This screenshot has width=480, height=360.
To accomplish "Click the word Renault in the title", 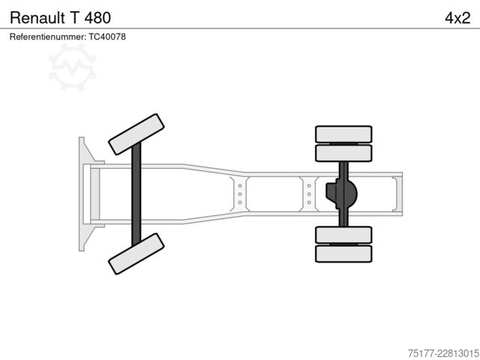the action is click(x=37, y=18).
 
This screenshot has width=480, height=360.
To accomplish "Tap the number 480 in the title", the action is click(x=97, y=18).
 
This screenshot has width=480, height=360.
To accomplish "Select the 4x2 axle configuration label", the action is click(x=457, y=18).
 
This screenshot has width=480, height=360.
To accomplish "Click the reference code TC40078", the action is click(x=107, y=37).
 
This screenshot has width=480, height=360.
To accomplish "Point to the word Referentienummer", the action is click(x=48, y=37).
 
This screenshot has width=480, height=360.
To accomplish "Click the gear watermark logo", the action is click(x=72, y=67).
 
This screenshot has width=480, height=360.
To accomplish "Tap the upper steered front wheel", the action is click(x=136, y=134).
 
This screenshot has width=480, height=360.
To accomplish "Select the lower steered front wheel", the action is click(x=136, y=253).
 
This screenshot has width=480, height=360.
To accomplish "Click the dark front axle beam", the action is click(x=136, y=194).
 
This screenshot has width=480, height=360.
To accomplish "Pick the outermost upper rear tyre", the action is click(x=343, y=134).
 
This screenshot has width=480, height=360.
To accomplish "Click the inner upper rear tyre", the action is click(x=343, y=153).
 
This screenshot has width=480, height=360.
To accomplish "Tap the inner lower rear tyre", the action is click(x=343, y=235).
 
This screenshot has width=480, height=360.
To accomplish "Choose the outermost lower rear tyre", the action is click(x=343, y=253).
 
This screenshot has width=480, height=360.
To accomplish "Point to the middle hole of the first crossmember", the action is click(x=240, y=194).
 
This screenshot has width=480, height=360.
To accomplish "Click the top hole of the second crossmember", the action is click(x=309, y=186).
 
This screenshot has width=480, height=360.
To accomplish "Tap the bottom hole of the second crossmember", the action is click(x=309, y=202).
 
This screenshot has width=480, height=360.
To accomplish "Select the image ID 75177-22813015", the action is click(x=443, y=353).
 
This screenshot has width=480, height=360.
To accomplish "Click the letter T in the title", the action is click(x=75, y=18).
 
